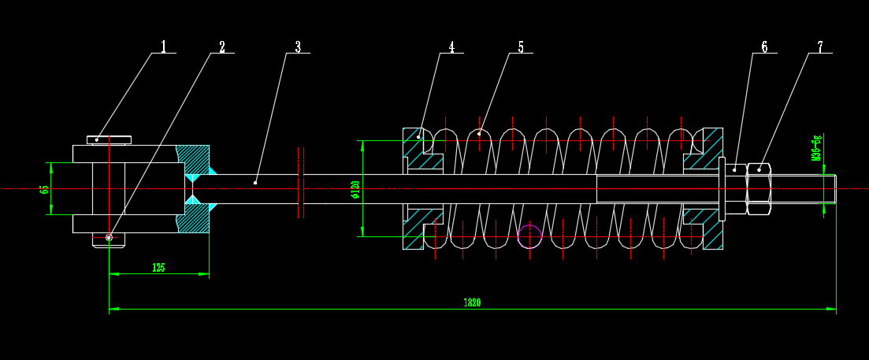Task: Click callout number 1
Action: (164, 46)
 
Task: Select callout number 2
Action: (222, 47)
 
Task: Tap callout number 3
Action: (298, 47)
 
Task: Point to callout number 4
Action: (451, 47)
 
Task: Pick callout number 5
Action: (521, 47)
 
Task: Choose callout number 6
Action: (764, 47)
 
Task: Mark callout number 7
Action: (819, 47)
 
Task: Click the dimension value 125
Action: (158, 268)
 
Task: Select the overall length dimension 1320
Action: (472, 302)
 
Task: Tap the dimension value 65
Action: (44, 189)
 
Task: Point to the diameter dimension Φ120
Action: (355, 189)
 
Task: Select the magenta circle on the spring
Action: (530, 236)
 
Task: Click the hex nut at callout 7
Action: (759, 189)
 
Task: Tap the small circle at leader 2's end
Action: (109, 237)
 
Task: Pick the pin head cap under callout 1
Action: (109, 140)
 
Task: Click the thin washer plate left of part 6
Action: (722, 189)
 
